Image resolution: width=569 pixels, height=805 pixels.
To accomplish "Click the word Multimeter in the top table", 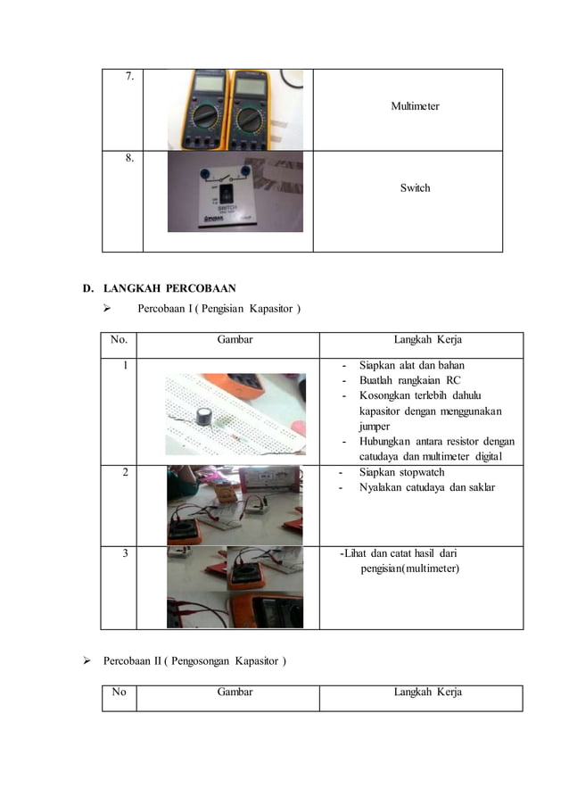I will (x=415, y=106).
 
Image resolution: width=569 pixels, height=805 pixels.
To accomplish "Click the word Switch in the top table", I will (x=415, y=187).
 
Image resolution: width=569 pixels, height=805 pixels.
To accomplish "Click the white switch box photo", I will (x=235, y=192).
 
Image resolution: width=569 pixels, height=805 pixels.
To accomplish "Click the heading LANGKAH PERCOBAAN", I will (x=169, y=288).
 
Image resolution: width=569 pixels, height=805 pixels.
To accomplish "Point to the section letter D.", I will (x=87, y=288).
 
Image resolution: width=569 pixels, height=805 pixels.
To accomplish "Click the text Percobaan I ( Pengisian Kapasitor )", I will (x=219, y=310).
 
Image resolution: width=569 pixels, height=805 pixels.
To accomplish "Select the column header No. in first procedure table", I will (x=119, y=339).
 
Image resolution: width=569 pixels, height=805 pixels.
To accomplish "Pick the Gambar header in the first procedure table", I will (x=235, y=339).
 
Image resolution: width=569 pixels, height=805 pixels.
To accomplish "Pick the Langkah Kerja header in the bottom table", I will (x=427, y=692).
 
